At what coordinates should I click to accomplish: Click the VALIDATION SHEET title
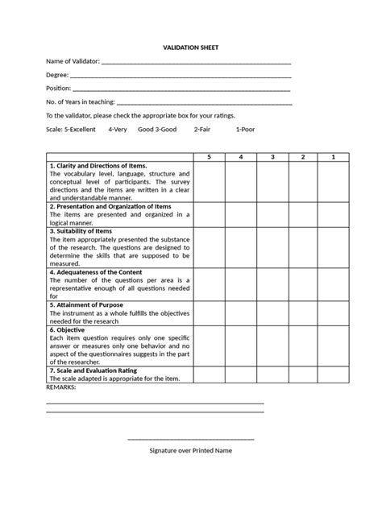191,48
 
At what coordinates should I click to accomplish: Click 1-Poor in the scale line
247,129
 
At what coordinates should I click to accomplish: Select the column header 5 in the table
209,156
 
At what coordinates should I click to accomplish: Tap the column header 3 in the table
272,156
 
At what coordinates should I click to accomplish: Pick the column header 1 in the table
333,156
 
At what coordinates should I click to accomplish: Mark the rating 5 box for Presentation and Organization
209,213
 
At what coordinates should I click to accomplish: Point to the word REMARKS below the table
61,387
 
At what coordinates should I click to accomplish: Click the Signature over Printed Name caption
191,450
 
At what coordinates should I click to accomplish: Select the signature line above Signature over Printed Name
191,439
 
